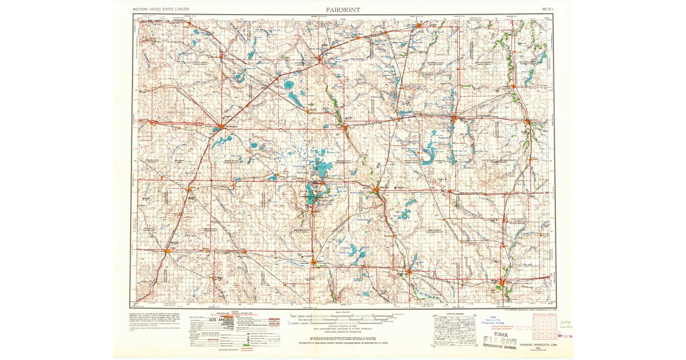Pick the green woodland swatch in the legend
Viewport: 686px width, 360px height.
248,345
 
